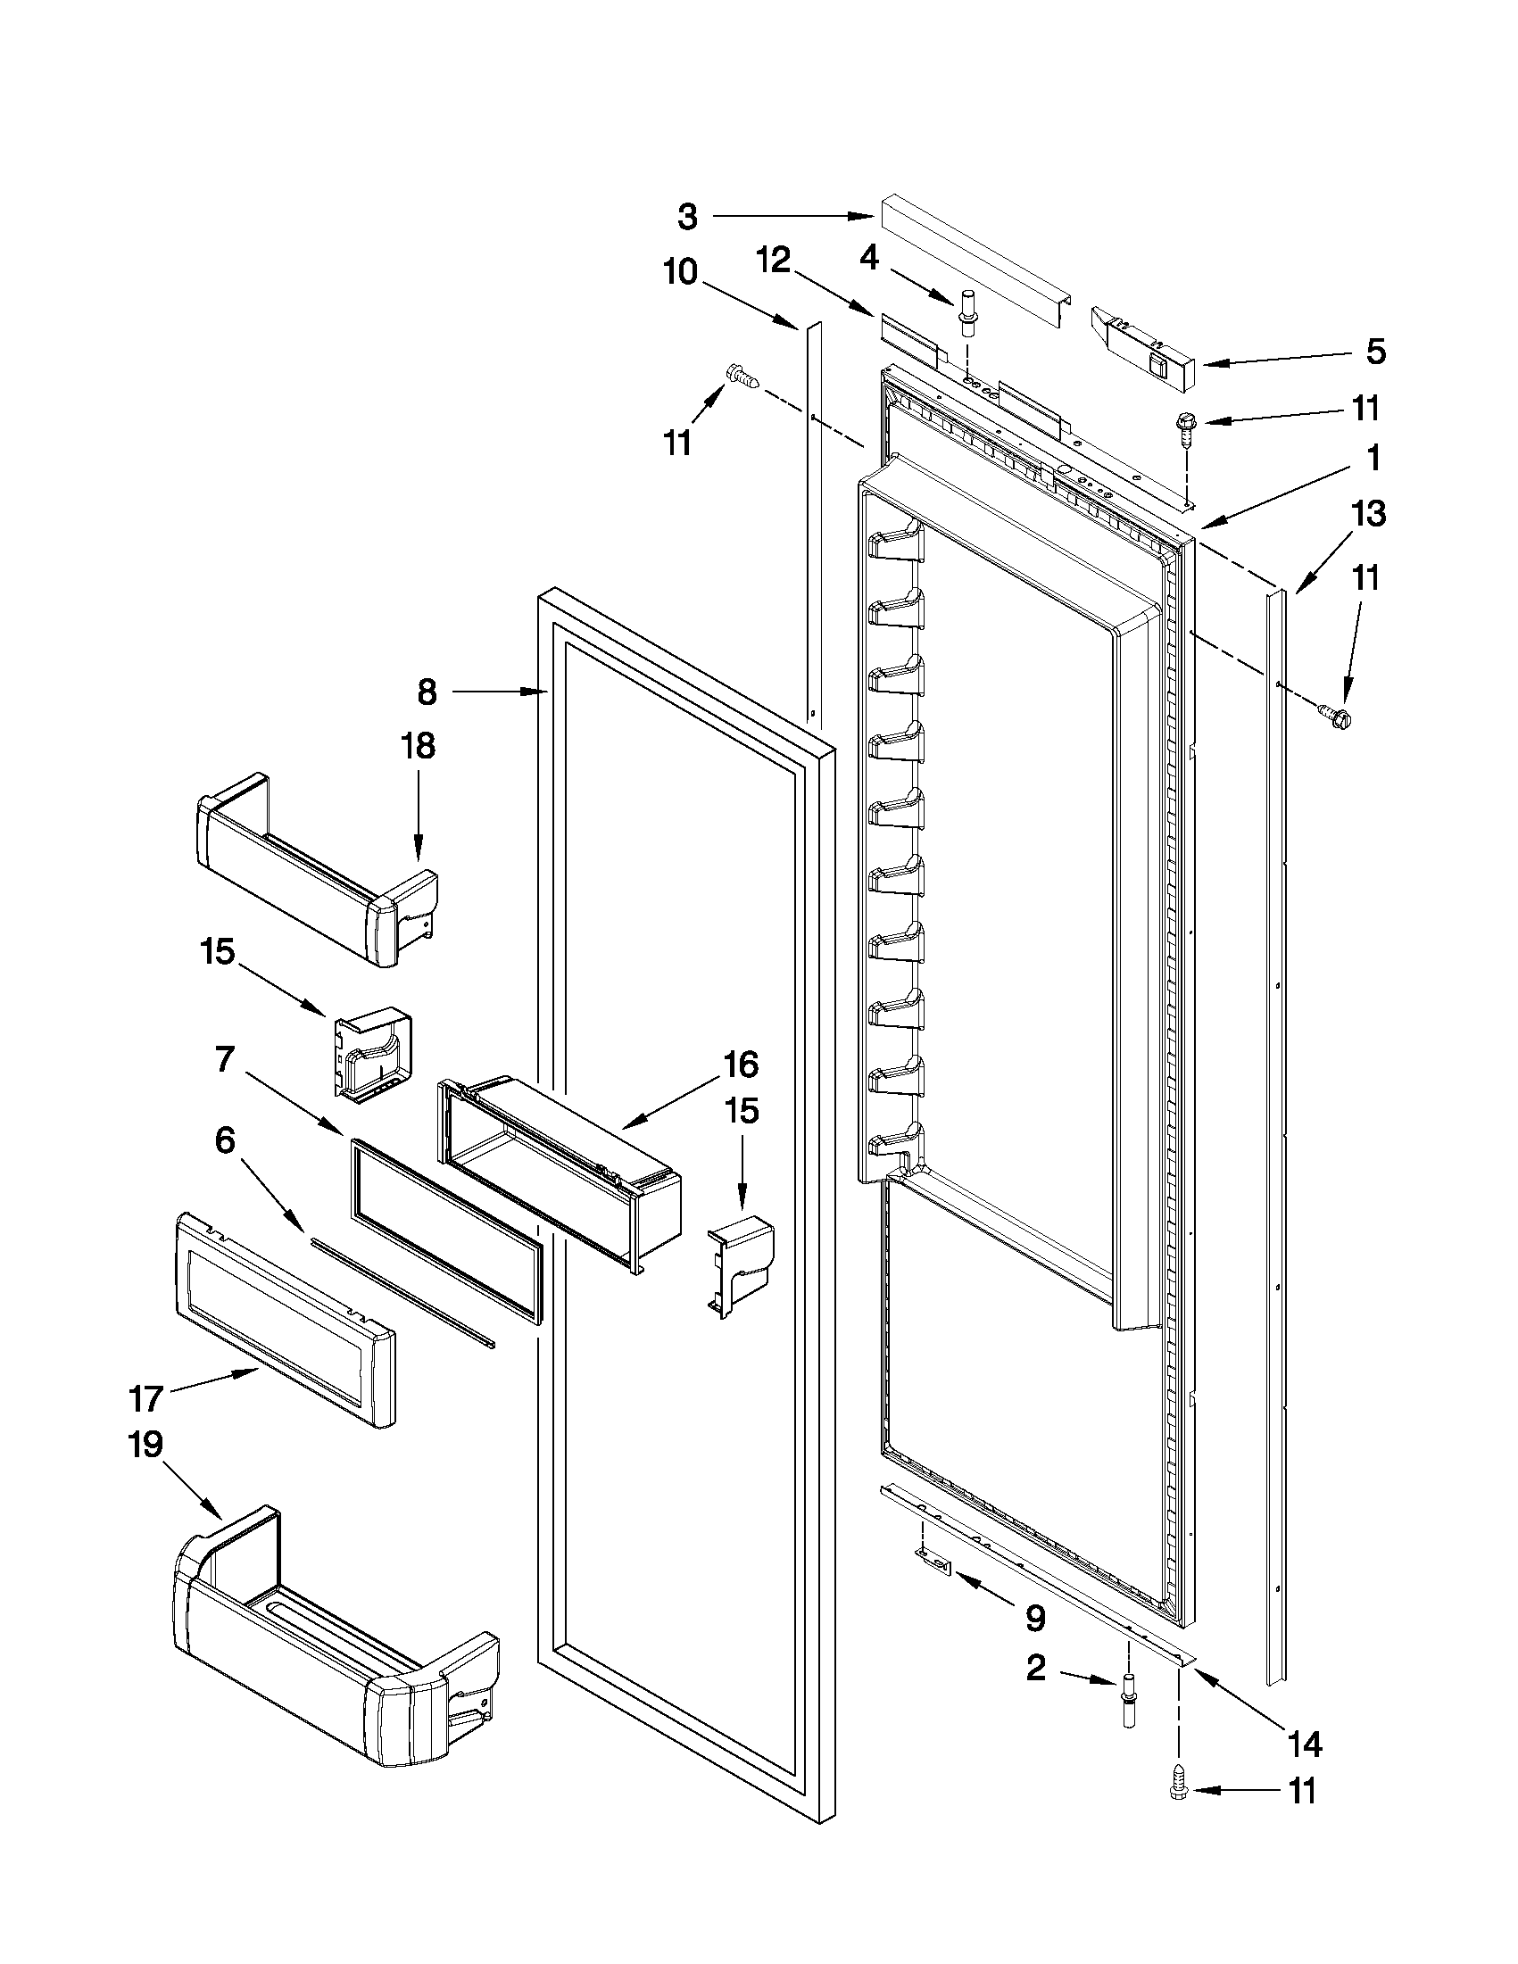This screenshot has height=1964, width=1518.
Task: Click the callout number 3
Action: pyautogui.click(x=687, y=217)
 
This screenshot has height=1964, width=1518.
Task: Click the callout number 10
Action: pyautogui.click(x=681, y=271)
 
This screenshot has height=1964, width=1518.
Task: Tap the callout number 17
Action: pyautogui.click(x=145, y=1399)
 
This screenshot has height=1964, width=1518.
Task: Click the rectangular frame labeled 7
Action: pyautogui.click(x=445, y=1231)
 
